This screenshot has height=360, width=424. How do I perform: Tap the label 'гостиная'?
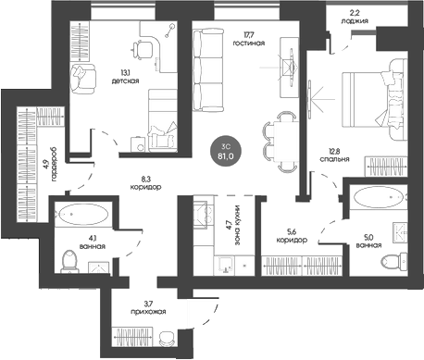coord(249,43)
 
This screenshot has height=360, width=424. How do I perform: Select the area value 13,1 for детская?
coord(125,73)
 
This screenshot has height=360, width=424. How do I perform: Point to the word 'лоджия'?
coord(355,21)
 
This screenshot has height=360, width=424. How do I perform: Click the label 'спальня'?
coord(334,159)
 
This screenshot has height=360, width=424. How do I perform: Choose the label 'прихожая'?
coord(148,312)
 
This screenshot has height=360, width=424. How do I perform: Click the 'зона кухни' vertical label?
coord(237,225)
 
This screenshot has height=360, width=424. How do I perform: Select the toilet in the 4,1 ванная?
coord(69,262)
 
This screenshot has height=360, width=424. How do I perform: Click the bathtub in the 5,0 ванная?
coord(380,197)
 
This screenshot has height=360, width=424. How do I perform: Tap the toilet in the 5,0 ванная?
coord(394,261)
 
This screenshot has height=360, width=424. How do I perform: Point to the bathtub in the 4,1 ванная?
coord(83,214)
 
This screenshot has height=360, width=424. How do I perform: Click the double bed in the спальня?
coord(374,99)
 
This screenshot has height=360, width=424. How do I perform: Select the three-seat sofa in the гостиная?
coord(207,70)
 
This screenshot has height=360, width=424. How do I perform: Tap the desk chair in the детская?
coord(143,50)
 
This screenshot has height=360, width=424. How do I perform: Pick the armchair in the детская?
coord(83,79)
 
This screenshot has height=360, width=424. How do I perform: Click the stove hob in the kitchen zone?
coord(203,215)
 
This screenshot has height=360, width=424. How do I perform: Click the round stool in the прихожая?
coord(167,339)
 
